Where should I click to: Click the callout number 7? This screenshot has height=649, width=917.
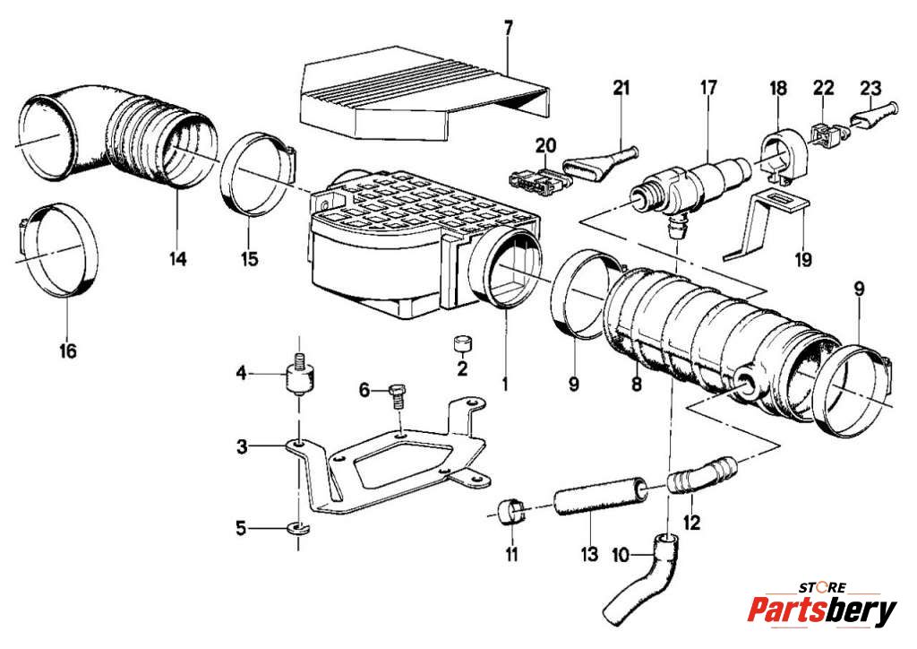click(x=508, y=28)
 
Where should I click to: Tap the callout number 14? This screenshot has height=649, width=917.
click(x=178, y=258)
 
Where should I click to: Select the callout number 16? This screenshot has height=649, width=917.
click(x=68, y=351)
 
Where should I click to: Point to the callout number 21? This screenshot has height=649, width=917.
click(x=621, y=88)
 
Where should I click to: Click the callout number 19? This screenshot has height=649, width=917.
click(x=803, y=259)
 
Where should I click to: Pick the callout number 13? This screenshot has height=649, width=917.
click(x=589, y=554)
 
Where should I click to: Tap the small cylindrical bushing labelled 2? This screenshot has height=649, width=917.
click(x=464, y=344)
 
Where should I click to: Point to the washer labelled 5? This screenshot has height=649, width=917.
click(x=299, y=529)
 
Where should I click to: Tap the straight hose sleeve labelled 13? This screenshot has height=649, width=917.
click(x=600, y=497)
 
